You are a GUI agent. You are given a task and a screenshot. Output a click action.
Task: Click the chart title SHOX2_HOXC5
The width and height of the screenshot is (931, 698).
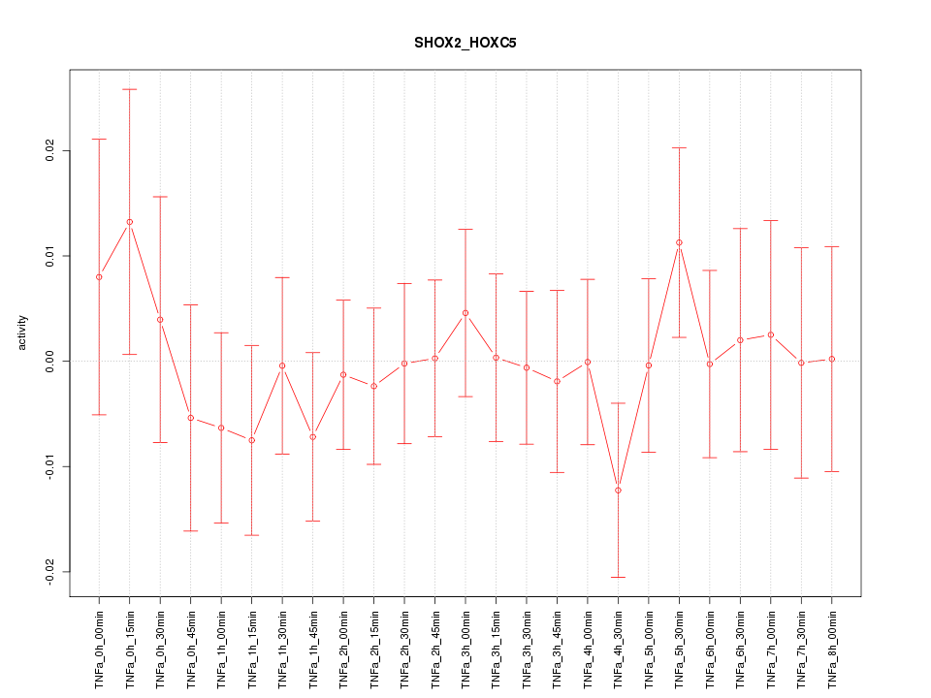(x=465, y=44)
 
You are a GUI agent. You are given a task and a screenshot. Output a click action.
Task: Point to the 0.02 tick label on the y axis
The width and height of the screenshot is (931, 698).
(x=51, y=151)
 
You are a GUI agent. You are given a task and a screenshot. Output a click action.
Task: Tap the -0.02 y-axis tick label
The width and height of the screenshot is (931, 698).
(x=51, y=571)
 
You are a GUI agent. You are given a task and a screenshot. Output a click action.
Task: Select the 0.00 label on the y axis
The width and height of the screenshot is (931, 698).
(x=51, y=361)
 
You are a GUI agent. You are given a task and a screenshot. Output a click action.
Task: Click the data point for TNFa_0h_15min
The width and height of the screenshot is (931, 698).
(x=130, y=222)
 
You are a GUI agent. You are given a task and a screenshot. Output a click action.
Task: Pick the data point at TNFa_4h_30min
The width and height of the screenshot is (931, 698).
(x=618, y=491)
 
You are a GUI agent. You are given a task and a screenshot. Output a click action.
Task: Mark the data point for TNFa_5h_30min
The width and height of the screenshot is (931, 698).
(x=679, y=242)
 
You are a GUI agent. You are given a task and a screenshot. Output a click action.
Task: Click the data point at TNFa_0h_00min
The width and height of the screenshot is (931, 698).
(x=99, y=277)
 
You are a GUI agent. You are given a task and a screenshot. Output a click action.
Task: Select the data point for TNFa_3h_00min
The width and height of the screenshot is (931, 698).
(x=465, y=313)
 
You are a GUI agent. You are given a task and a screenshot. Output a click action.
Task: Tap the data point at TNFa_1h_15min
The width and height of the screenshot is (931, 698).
(x=252, y=440)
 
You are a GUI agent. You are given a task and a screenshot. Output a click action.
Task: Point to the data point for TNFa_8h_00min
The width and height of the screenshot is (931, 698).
(x=832, y=359)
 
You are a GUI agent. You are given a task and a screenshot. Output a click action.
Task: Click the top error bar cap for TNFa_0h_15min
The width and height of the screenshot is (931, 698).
(x=130, y=89)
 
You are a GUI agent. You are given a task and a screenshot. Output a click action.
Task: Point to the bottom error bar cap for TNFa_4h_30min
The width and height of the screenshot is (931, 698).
(x=618, y=577)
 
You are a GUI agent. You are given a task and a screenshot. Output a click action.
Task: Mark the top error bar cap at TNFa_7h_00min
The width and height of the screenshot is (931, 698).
(x=771, y=220)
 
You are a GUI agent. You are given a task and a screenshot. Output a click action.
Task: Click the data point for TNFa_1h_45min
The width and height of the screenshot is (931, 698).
(x=313, y=437)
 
